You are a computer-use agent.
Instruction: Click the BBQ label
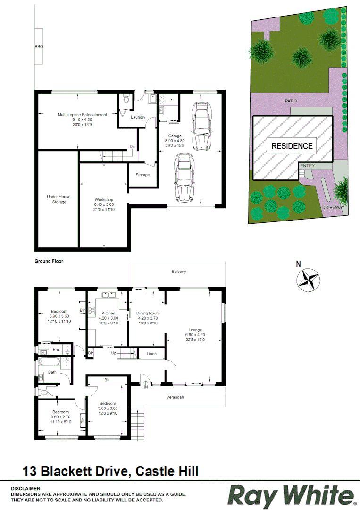tap(39, 47)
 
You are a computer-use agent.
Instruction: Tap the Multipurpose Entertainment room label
tap(82, 115)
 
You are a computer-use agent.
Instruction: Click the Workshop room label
tap(104, 200)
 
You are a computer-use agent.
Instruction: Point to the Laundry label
tap(138, 117)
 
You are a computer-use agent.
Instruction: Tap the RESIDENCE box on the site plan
tap(292, 146)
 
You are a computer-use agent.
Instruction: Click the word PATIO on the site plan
tap(291, 101)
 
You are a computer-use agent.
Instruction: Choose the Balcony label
tap(179, 272)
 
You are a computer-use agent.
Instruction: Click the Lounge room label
tap(195, 330)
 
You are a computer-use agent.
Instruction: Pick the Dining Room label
tap(148, 313)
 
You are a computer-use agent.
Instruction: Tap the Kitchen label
tap(109, 313)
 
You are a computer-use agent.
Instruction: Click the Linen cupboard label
tap(151, 353)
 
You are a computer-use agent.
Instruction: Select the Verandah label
tap(175, 397)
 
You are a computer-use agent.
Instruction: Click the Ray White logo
tap(291, 496)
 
